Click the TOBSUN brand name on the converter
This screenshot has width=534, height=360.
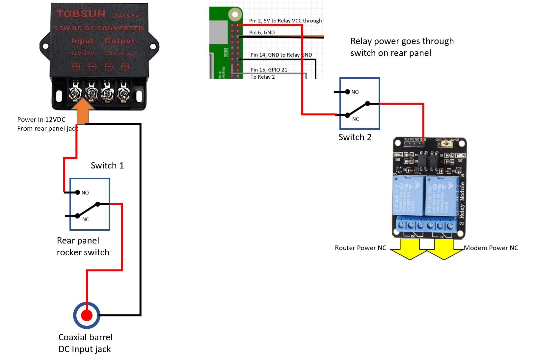click(x=81, y=14)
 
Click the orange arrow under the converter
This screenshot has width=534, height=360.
click(x=83, y=112)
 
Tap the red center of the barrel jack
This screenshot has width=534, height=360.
click(x=87, y=315)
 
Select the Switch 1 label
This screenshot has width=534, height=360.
click(x=107, y=165)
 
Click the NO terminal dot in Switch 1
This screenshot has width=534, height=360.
click(x=78, y=192)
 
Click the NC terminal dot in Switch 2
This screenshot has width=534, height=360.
click(x=347, y=115)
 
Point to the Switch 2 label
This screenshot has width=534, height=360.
click(x=355, y=137)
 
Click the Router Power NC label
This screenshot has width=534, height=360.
click(x=360, y=248)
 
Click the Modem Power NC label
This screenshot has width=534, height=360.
click(x=491, y=248)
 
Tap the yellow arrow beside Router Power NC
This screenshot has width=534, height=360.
click(x=409, y=249)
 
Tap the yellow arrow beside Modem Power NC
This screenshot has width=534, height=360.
click(x=444, y=249)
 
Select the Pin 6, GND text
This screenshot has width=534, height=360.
click(x=262, y=32)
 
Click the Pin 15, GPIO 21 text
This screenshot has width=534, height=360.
click(x=269, y=69)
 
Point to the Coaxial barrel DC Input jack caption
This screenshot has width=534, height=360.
click(x=85, y=343)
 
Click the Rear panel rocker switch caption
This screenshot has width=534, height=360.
click(x=83, y=246)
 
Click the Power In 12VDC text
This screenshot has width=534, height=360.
click(x=41, y=119)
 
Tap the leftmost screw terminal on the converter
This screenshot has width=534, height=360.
click(x=75, y=93)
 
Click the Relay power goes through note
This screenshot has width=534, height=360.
click(x=402, y=47)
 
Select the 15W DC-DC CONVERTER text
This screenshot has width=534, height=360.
click(x=99, y=28)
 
